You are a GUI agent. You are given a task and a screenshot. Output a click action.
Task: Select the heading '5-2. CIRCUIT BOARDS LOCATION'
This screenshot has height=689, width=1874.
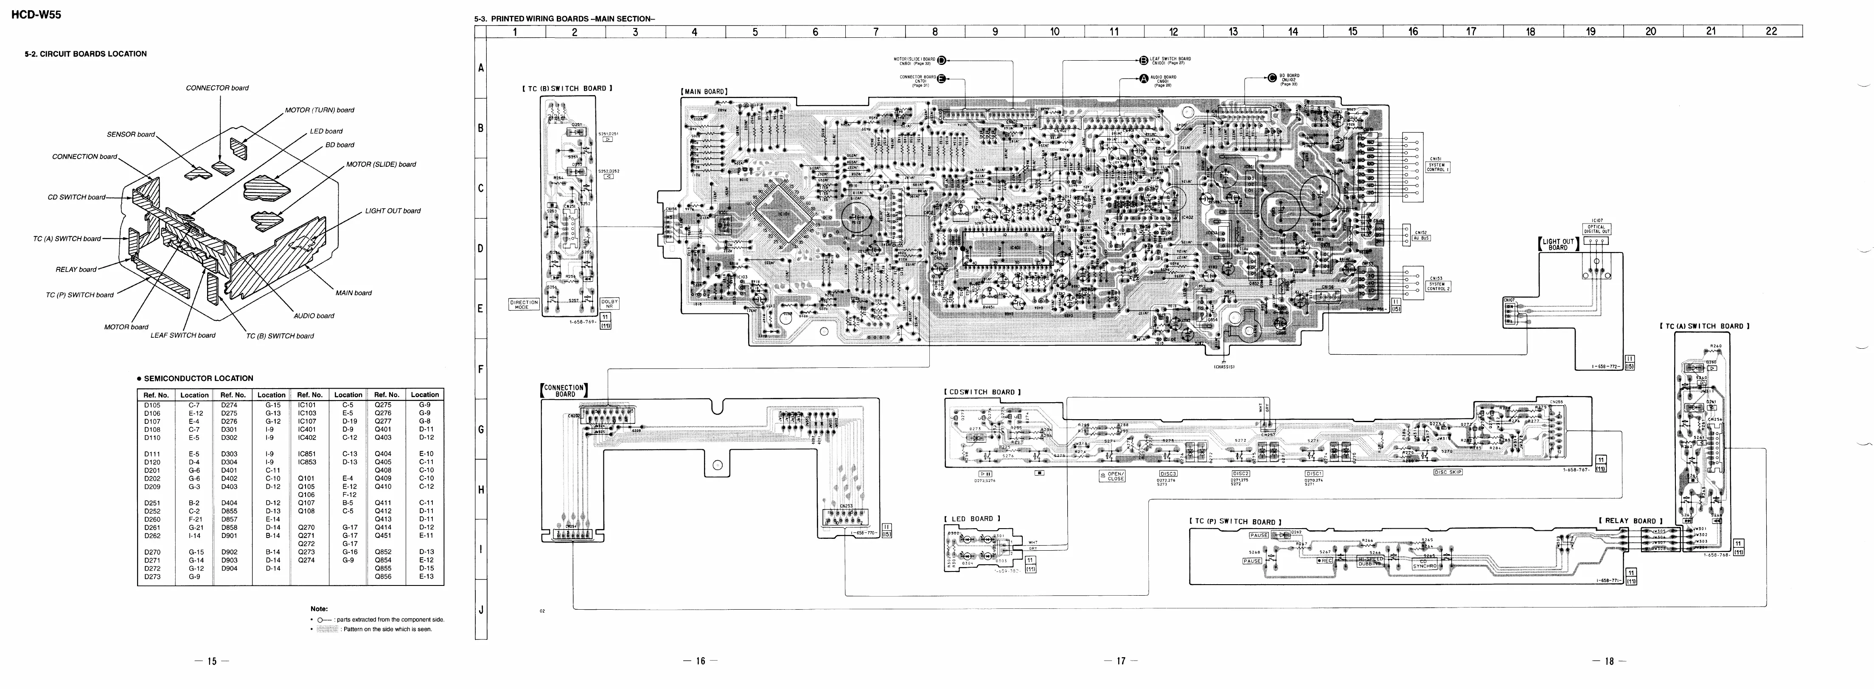[x=86, y=54]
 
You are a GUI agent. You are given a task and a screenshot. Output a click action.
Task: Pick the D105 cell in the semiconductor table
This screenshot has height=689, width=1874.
[x=152, y=405]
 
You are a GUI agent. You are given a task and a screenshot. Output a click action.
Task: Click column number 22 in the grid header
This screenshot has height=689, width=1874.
[x=1771, y=31]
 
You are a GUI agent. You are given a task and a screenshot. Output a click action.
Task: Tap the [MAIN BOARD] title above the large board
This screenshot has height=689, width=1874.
[x=704, y=92]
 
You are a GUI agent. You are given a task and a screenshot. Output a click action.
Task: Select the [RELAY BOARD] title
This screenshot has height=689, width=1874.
[x=1630, y=521]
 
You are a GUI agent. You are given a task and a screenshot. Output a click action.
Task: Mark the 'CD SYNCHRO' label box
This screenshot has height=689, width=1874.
[x=1424, y=564]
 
